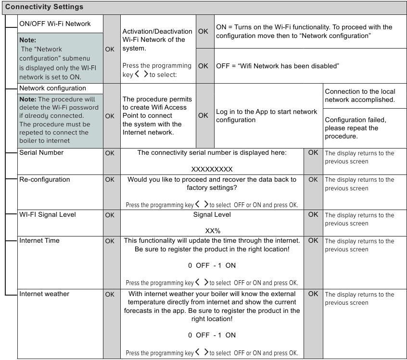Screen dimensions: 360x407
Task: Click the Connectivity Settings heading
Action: (44, 7)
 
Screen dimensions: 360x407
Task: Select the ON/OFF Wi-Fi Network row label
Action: (54, 24)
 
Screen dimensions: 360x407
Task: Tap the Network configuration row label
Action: (52, 88)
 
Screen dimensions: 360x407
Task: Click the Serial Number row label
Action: (41, 153)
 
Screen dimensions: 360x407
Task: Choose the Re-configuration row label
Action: (44, 179)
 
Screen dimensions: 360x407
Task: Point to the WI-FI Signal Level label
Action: (47, 214)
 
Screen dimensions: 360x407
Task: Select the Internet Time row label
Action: (39, 240)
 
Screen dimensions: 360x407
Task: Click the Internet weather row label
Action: (44, 294)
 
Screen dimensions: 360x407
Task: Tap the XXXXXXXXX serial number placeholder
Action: (212, 170)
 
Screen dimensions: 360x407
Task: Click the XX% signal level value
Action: (212, 231)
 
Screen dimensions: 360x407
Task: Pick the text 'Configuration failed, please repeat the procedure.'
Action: (355, 128)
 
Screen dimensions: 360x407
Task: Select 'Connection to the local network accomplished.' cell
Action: (360, 96)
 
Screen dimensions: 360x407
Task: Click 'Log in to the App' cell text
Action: (267, 116)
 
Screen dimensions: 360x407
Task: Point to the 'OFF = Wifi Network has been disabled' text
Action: (278, 66)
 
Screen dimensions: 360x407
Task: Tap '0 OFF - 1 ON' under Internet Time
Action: (212, 265)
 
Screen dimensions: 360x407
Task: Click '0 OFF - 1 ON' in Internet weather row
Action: (212, 335)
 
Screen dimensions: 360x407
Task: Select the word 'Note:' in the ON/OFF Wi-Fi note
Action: (28, 40)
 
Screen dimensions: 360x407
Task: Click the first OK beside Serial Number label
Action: (110, 153)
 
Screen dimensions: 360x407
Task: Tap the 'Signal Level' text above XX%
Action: (212, 214)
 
